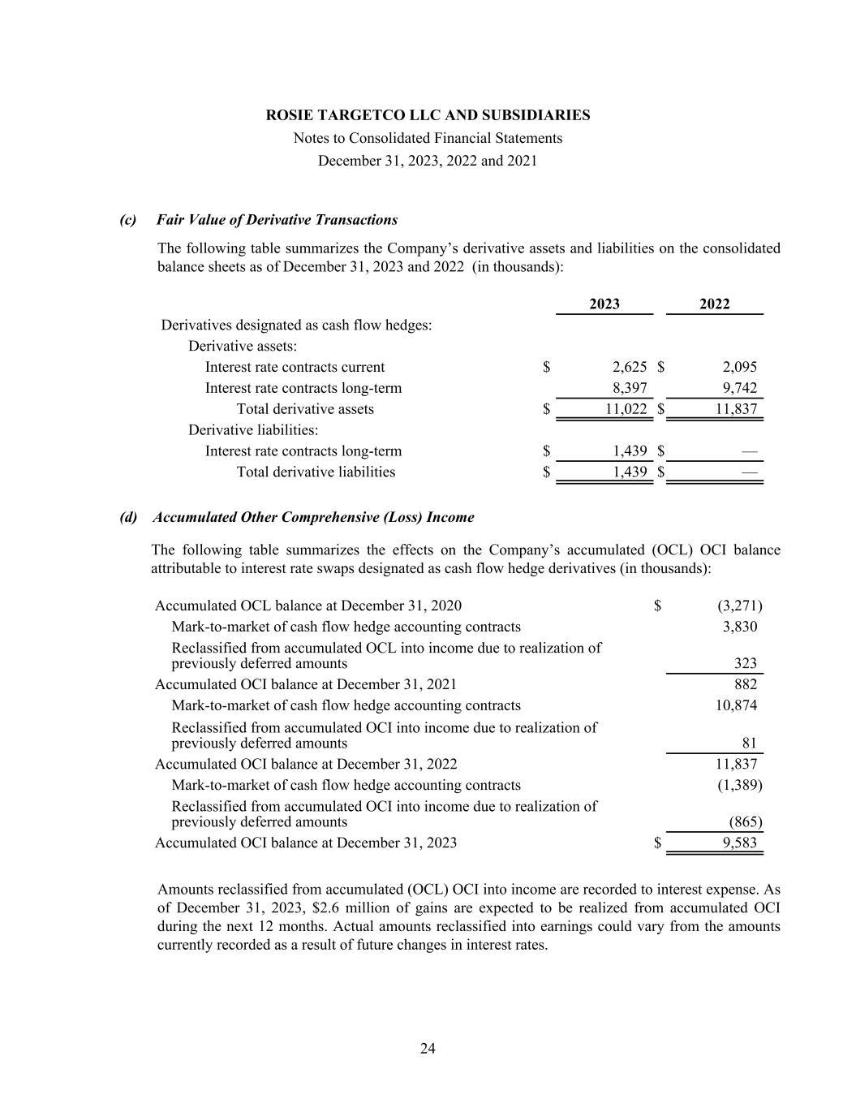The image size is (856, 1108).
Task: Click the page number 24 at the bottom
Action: pyautogui.click(x=428, y=1049)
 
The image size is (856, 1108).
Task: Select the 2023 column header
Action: pyautogui.click(x=604, y=304)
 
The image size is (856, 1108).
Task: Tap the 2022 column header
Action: pyautogui.click(x=714, y=304)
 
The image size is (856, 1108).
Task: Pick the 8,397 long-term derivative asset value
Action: pyautogui.click(x=630, y=388)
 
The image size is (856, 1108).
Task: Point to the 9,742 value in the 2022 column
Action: pyautogui.click(x=739, y=388)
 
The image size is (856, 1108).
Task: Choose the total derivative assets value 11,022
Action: pyautogui.click(x=626, y=409)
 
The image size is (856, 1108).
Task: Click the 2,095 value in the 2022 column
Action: pyautogui.click(x=739, y=367)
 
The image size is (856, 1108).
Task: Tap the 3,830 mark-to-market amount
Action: pyautogui.click(x=739, y=627)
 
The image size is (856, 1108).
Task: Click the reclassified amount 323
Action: pyautogui.click(x=745, y=663)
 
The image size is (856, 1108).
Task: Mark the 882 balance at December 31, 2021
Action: pyautogui.click(x=745, y=684)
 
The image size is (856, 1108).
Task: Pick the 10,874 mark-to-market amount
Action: pyautogui.click(x=736, y=705)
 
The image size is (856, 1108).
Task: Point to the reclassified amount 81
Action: pyautogui.click(x=749, y=743)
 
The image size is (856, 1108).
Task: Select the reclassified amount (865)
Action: pyautogui.click(x=746, y=821)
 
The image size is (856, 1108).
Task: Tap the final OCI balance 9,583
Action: pyautogui.click(x=739, y=843)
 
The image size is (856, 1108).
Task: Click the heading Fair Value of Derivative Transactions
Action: pyautogui.click(x=277, y=220)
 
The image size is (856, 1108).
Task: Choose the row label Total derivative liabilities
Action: pyautogui.click(x=316, y=472)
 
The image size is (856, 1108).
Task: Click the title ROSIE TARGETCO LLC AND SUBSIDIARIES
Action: pyautogui.click(x=428, y=115)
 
